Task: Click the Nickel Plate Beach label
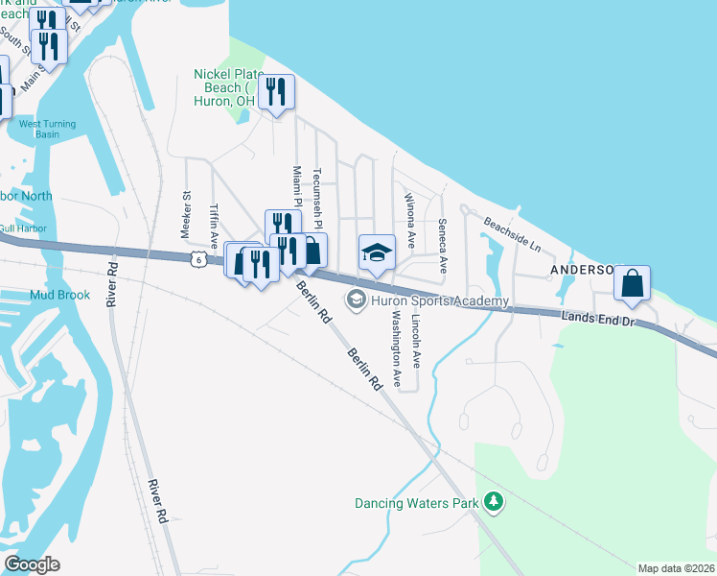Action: [x=224, y=86]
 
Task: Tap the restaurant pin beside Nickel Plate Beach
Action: [x=276, y=93]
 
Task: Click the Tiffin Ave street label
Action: [x=215, y=223]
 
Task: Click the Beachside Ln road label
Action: [x=512, y=234]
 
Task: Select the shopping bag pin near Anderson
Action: [x=633, y=284]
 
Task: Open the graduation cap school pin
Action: [x=376, y=253]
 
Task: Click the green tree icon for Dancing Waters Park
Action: [x=493, y=502]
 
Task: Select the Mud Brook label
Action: [x=59, y=295]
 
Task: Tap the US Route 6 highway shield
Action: [x=197, y=259]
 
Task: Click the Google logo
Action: [x=32, y=564]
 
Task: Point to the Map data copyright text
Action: [x=675, y=568]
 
